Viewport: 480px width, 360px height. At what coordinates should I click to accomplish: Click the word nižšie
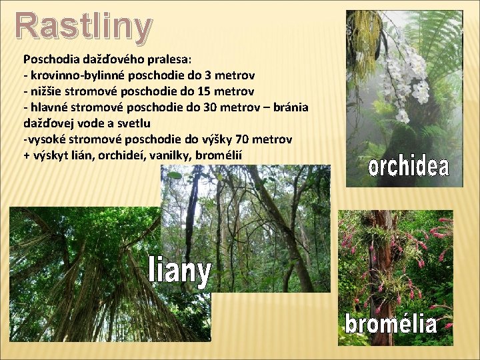pos(49,91)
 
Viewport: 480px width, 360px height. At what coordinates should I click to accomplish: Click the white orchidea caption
pos(408,167)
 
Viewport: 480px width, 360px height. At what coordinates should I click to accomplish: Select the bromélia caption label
pos(391,324)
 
